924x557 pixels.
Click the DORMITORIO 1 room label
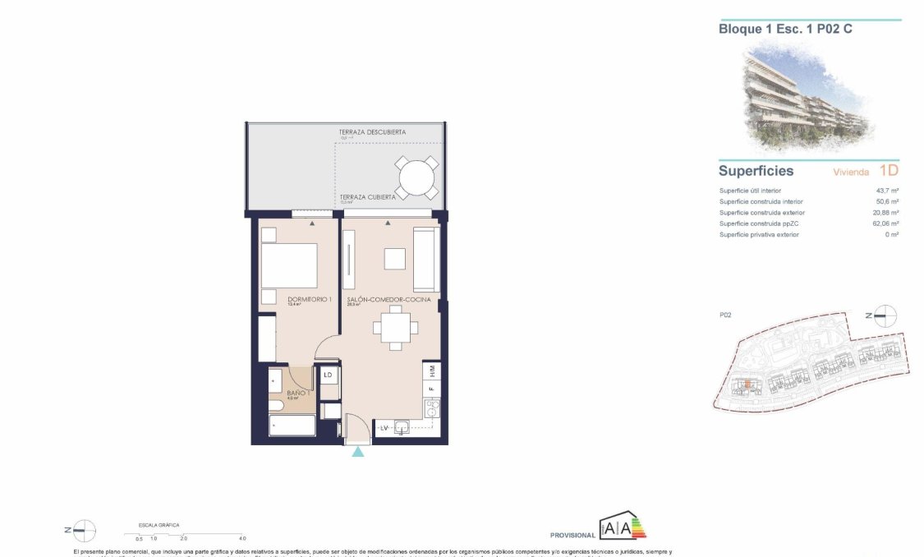point(309,300)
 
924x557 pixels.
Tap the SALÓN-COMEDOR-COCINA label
point(388,300)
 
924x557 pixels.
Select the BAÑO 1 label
point(297,394)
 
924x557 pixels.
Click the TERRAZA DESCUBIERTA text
point(372,132)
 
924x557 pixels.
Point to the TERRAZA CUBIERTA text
point(367,197)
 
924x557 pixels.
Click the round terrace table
point(417,176)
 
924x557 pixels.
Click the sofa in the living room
point(425,260)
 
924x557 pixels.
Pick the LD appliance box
point(328,375)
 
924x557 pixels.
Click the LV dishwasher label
point(383,428)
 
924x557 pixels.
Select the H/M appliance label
point(432,371)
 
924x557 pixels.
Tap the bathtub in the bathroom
point(292,426)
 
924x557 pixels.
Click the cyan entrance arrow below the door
point(357,452)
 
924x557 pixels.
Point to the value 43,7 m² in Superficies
point(887,191)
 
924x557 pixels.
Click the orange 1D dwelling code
point(889,171)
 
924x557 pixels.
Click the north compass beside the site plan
point(885,315)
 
